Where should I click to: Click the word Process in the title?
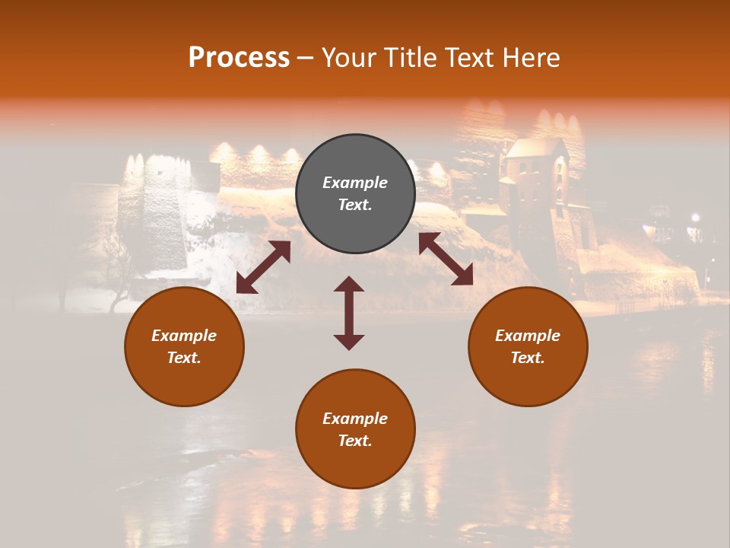239,57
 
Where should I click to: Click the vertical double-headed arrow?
349,313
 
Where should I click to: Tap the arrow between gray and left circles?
263,267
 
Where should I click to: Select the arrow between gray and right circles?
446,259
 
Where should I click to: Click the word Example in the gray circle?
355,183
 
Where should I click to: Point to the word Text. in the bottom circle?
355,441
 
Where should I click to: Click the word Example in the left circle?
184,336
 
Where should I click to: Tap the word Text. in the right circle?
528,358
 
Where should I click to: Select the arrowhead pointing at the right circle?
463,276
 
